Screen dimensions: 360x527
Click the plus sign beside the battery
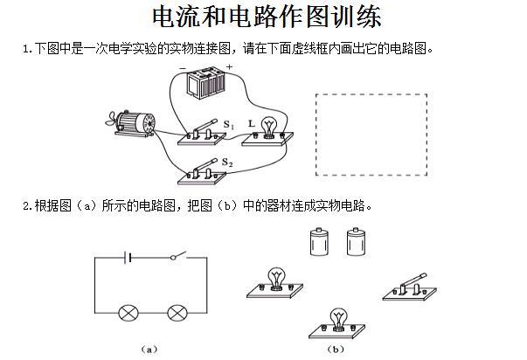coord(229,67)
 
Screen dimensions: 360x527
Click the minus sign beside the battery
coord(183,68)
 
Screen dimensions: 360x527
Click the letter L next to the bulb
coord(252,124)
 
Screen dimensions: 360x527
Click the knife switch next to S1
coord(204,135)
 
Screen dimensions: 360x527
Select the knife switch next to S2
coord(204,171)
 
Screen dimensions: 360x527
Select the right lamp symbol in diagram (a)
coord(178,313)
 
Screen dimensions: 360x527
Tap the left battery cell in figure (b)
coord(318,242)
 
